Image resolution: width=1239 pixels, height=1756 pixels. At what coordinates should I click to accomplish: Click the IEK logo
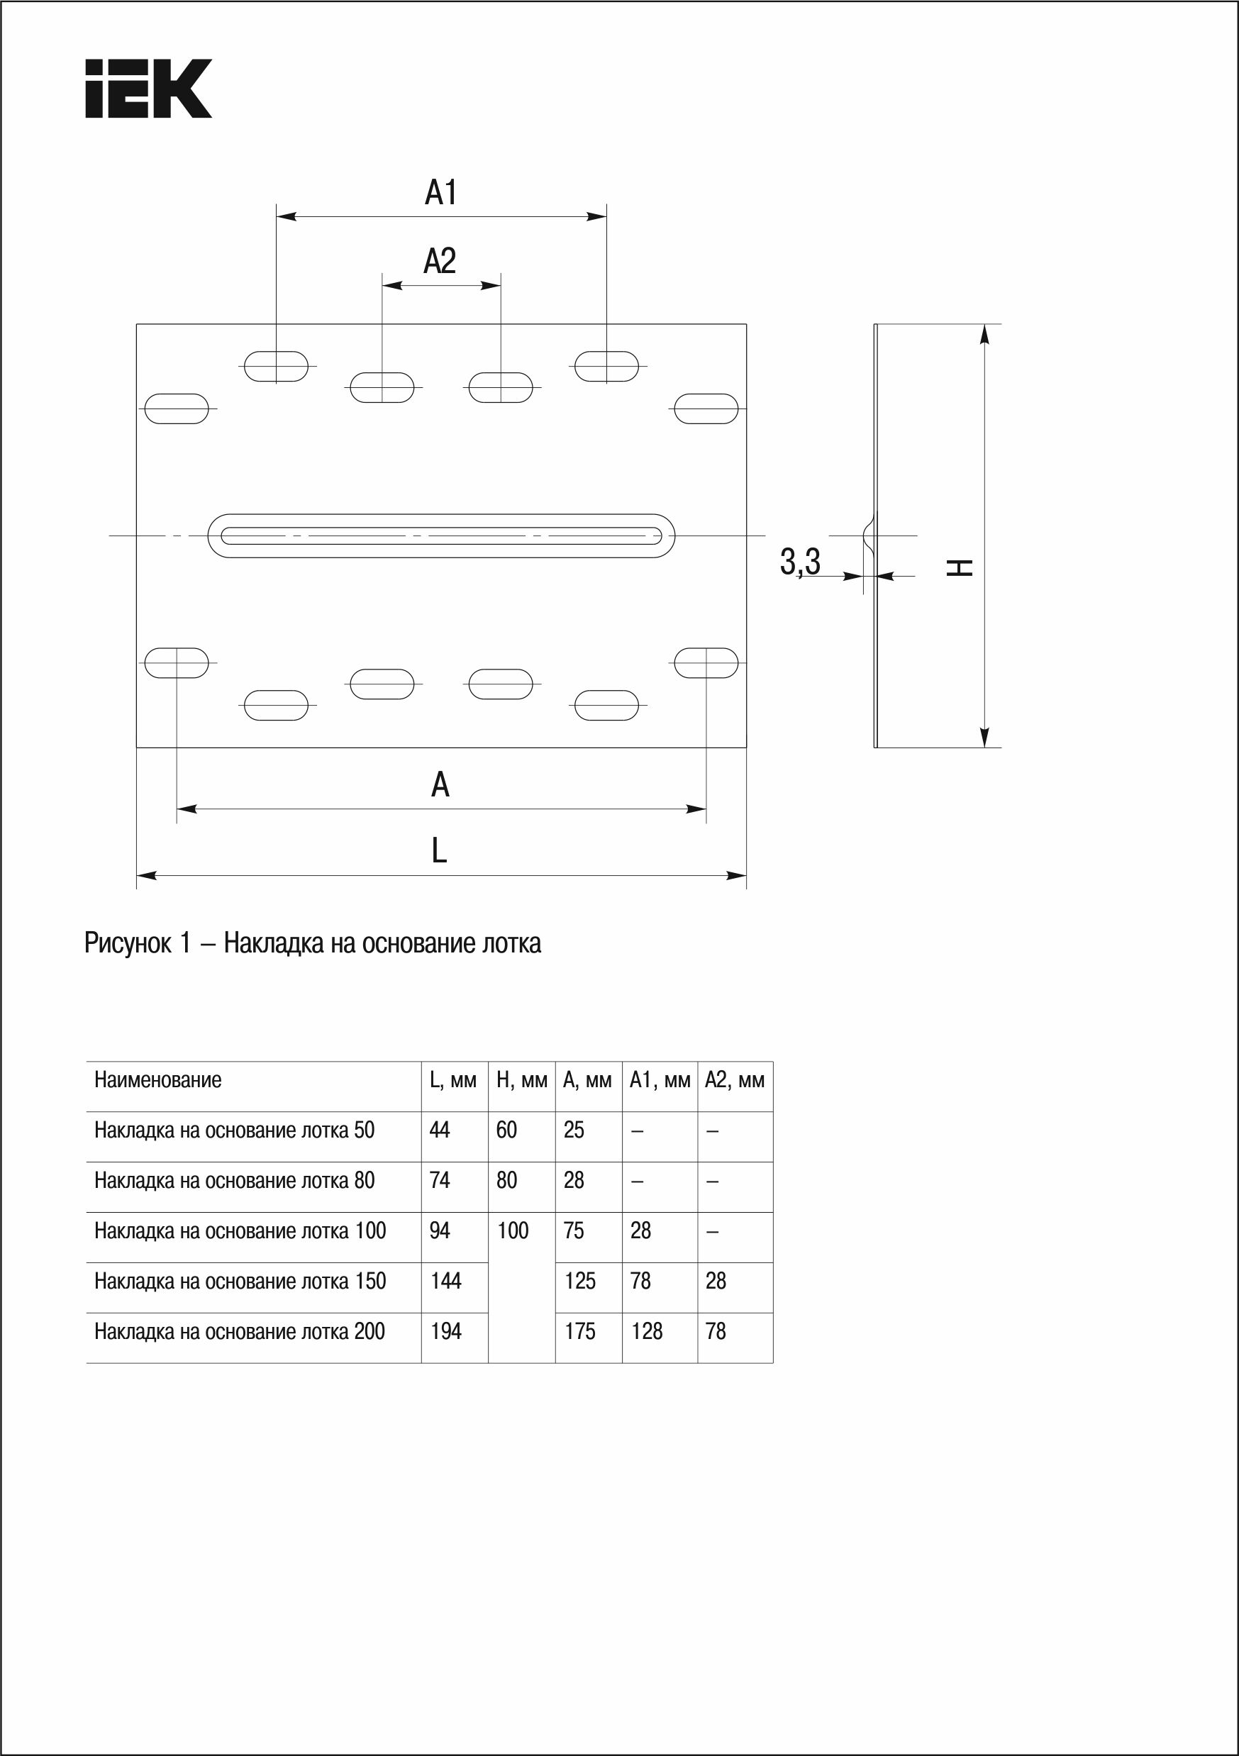coord(148,89)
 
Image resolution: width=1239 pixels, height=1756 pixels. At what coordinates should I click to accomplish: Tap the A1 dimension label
coord(440,192)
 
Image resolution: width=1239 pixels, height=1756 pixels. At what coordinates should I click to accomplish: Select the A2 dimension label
coord(440,261)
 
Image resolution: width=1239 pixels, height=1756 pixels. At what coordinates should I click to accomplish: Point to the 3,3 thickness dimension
coord(800,562)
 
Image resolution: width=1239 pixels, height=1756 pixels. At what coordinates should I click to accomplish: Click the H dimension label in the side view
coord(960,567)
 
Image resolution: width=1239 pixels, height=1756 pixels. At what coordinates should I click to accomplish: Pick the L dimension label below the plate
coord(439,850)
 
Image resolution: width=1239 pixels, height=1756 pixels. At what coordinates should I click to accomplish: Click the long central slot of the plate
coord(441,535)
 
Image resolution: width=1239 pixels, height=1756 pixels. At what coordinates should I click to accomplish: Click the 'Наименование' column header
coord(157,1080)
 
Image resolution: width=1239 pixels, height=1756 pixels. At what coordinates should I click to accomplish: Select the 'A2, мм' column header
coord(734,1081)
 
